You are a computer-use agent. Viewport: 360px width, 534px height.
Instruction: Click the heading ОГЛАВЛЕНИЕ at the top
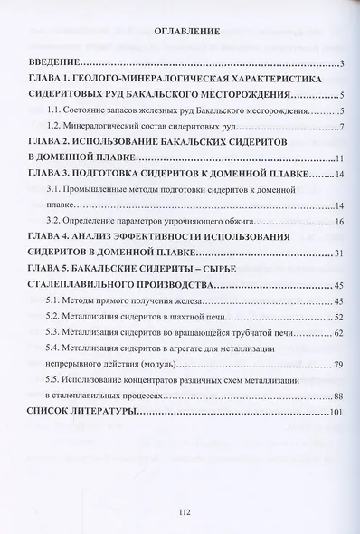click(x=181, y=33)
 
